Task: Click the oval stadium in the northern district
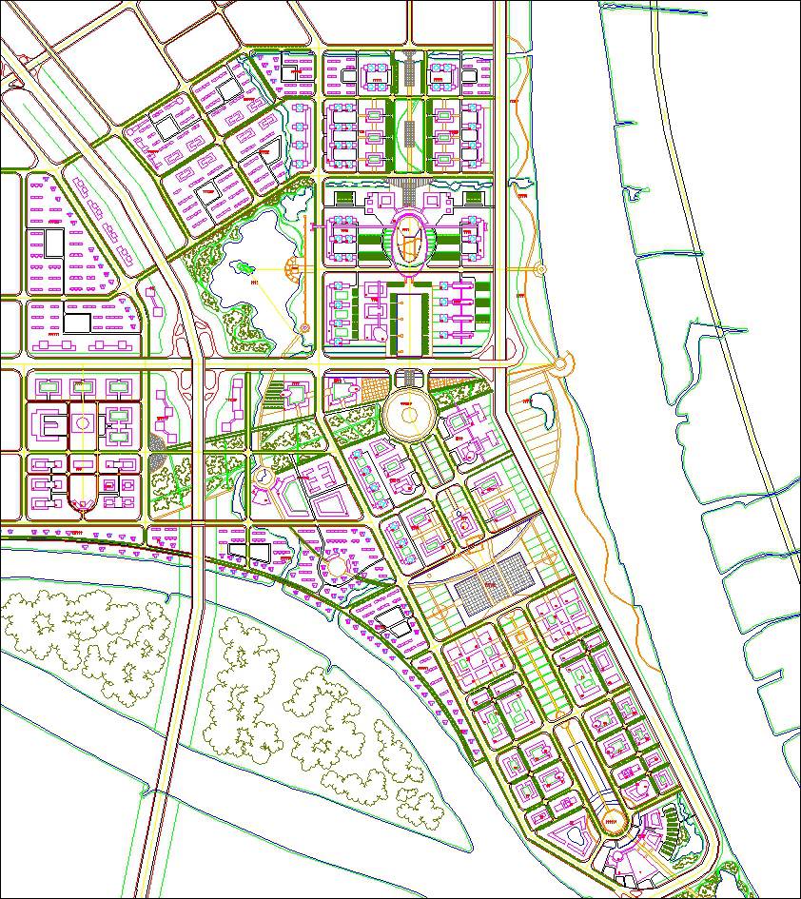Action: pyautogui.click(x=410, y=240)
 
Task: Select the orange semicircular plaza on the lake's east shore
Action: pyautogui.click(x=294, y=269)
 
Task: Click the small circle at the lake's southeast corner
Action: pyautogui.click(x=304, y=328)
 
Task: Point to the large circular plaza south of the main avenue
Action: pyautogui.click(x=410, y=415)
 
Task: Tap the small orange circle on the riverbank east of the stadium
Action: pyautogui.click(x=541, y=269)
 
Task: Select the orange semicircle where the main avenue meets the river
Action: pyautogui.click(x=563, y=363)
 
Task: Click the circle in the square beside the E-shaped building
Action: pyautogui.click(x=84, y=421)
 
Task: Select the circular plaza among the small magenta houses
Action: pyautogui.click(x=336, y=567)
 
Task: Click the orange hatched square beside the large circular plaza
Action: pyautogui.click(x=367, y=391)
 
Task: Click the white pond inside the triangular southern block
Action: pyautogui.click(x=576, y=836)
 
